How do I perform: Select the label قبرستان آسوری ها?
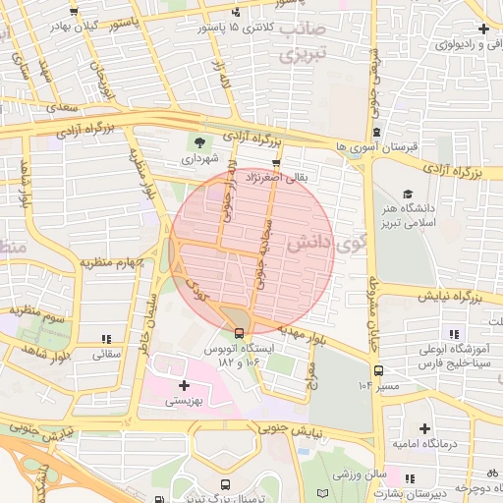(x=376, y=146)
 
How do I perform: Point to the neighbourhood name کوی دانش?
(x=325, y=243)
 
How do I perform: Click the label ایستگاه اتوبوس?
(x=245, y=349)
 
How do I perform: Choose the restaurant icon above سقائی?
(x=105, y=339)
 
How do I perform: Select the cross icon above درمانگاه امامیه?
(x=424, y=428)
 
